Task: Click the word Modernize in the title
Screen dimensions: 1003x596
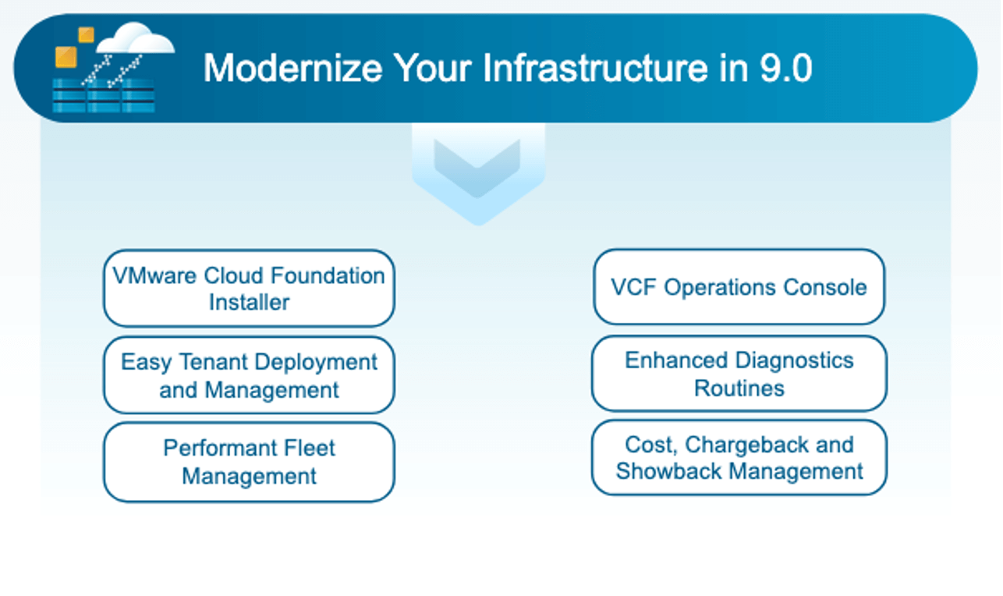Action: [x=292, y=68]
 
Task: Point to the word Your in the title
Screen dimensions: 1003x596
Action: [x=432, y=68]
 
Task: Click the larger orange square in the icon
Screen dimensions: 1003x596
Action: [x=66, y=57]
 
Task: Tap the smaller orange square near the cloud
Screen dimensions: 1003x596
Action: [x=86, y=35]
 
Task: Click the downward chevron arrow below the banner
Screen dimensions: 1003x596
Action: [x=478, y=175]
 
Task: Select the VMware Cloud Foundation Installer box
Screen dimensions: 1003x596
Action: [x=249, y=289]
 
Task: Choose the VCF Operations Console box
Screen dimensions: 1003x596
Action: [x=739, y=286]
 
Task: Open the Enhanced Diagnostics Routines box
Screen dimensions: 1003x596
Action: [x=739, y=374]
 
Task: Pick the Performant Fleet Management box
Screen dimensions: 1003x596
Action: [x=249, y=462]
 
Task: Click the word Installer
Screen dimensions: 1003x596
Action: [x=249, y=302]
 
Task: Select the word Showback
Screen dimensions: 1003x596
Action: [x=669, y=471]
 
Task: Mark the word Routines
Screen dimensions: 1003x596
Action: [x=739, y=388]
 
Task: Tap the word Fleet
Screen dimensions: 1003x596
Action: [x=310, y=448]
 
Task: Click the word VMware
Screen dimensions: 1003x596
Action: [x=155, y=275]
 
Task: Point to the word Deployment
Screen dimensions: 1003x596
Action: [x=316, y=363]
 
